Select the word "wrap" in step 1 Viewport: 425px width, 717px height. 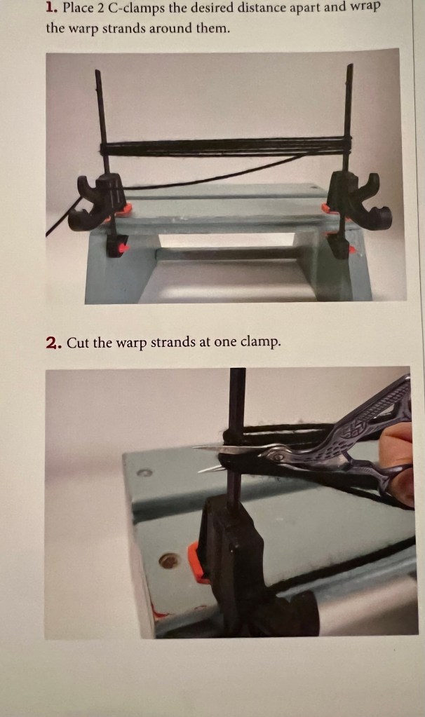click(365, 8)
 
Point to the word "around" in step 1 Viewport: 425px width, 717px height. click(171, 28)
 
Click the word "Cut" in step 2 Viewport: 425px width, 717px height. click(79, 343)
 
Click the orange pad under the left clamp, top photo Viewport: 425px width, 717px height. click(123, 210)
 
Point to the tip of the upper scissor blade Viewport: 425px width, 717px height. click(195, 448)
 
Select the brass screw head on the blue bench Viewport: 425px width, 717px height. click(168, 561)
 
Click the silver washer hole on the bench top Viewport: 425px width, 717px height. click(144, 472)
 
